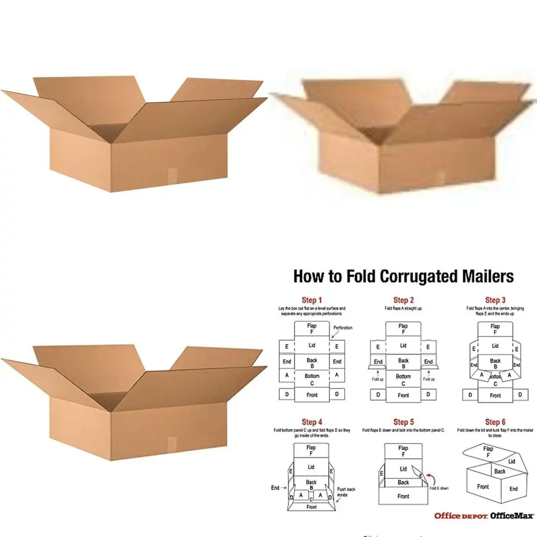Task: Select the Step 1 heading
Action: (x=312, y=300)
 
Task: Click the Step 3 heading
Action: (x=495, y=300)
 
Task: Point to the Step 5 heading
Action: (x=404, y=423)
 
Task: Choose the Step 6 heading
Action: (x=495, y=423)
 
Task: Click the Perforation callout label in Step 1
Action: (x=343, y=328)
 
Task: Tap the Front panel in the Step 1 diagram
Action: (x=312, y=395)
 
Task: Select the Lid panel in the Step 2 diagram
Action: (x=403, y=346)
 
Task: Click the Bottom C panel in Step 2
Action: (x=403, y=380)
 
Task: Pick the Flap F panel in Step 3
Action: (x=495, y=329)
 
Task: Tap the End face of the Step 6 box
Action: (x=513, y=489)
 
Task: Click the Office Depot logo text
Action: (x=460, y=516)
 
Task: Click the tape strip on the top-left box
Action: (x=172, y=176)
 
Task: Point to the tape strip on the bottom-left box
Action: (x=172, y=444)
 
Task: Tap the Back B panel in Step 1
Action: (x=312, y=363)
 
